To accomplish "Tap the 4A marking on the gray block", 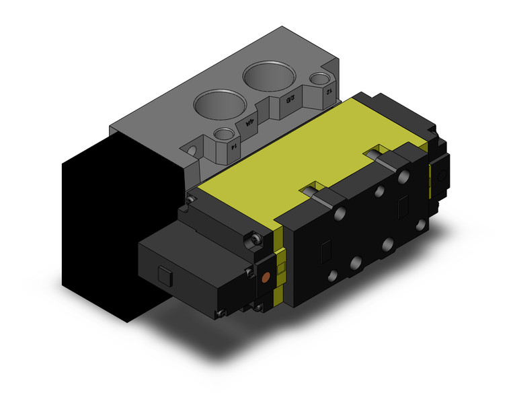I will [x=250, y=123].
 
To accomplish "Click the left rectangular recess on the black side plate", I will [x=325, y=250].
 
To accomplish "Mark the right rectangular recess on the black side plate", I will [x=403, y=204].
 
